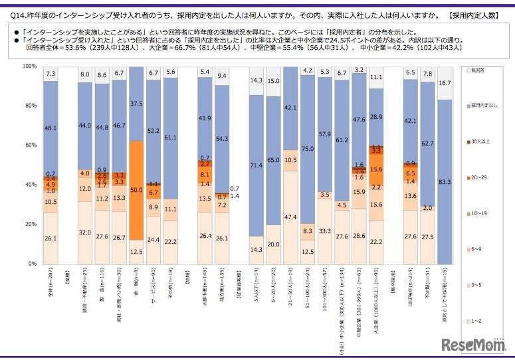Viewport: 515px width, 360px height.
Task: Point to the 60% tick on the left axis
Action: [30, 145]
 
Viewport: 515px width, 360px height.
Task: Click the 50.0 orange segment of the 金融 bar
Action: [136, 191]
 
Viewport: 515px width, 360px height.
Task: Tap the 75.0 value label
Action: [308, 149]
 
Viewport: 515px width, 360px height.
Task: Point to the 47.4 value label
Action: [290, 217]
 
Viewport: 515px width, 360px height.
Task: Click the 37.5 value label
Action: [136, 104]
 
